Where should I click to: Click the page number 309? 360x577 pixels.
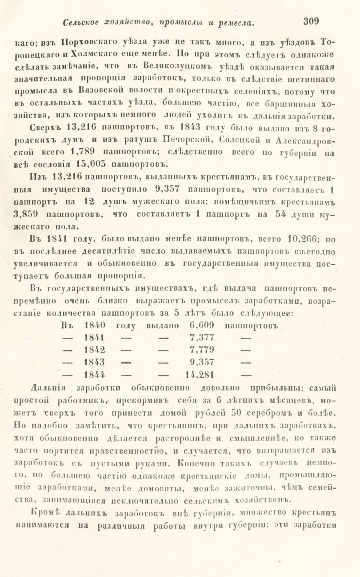[x=311, y=22]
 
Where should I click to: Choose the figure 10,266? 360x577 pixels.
[x=304, y=239]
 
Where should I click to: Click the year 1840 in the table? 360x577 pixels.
[x=95, y=325]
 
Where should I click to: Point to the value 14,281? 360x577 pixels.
[x=199, y=375]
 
